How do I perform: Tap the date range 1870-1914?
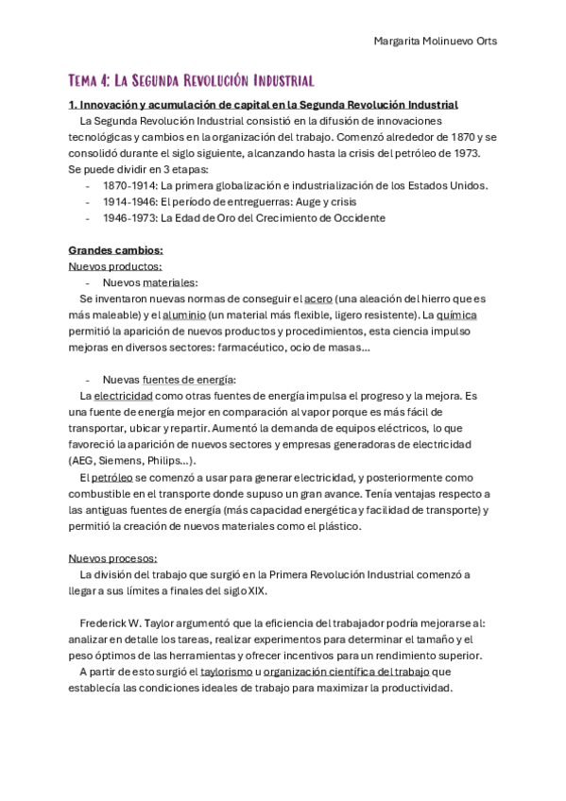point(129,185)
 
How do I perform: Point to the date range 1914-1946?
point(129,201)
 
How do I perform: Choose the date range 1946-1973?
point(129,217)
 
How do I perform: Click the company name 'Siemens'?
point(121,460)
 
